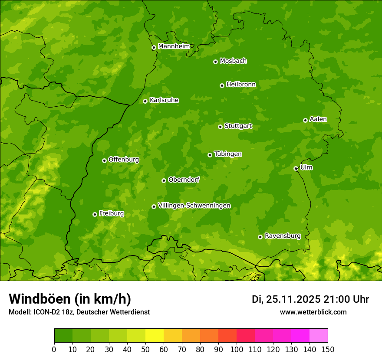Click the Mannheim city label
point(174,46)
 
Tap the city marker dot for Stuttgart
point(220,127)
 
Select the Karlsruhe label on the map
point(164,100)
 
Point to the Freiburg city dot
point(95,214)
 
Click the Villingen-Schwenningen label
point(194,206)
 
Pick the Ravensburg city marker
point(260,237)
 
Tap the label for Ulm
point(306,167)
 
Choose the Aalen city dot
point(305,120)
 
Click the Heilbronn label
point(241,85)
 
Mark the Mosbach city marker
point(215,62)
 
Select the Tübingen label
point(228,154)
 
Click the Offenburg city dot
point(104,160)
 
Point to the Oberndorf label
point(184,180)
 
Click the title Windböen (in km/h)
point(69,299)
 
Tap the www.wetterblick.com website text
point(313,312)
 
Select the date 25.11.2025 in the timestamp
point(293,299)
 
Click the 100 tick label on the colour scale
point(237,349)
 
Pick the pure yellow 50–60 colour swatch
point(155,336)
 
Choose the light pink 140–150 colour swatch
point(319,336)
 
